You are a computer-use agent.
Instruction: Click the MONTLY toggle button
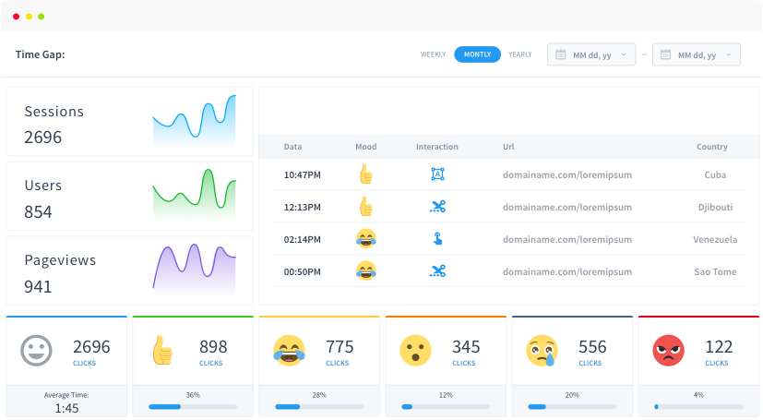[x=477, y=54]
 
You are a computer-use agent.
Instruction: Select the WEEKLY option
[x=434, y=54]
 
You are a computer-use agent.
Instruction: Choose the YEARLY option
[x=520, y=54]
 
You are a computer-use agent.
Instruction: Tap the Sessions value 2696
[x=43, y=138]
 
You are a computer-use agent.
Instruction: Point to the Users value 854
[x=38, y=212]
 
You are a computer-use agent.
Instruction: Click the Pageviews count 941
[x=38, y=286]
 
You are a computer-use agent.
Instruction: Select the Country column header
[x=711, y=147]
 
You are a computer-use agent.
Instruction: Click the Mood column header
[x=365, y=147]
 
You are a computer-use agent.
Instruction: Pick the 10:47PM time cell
[x=302, y=174]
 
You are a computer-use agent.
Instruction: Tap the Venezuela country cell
[x=715, y=239]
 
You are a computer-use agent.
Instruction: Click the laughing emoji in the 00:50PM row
[x=366, y=271]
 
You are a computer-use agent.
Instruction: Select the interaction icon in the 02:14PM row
[x=437, y=239]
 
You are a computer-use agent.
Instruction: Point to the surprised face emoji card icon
[x=415, y=350]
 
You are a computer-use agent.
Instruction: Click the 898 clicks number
[x=213, y=347]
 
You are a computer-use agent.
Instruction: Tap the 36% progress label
[x=193, y=395]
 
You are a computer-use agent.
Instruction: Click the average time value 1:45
[x=66, y=407]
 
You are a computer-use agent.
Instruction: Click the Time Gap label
[x=40, y=54]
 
